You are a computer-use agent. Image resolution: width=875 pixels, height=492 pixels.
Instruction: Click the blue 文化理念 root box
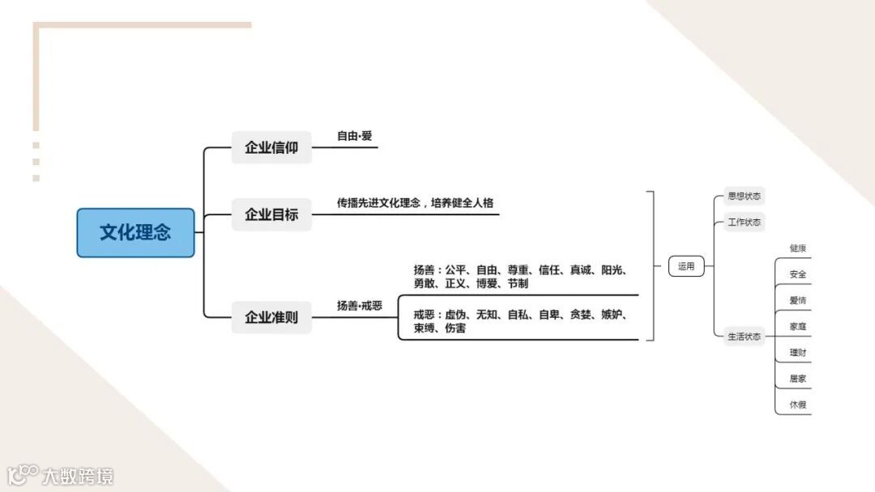point(135,233)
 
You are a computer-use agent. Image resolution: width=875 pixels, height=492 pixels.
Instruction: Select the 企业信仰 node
point(271,148)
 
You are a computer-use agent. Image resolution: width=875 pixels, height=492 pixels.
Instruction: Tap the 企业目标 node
point(271,215)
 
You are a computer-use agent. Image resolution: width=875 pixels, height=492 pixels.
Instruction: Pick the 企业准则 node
point(271,317)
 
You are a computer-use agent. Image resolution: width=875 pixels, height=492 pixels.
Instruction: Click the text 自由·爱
point(355,136)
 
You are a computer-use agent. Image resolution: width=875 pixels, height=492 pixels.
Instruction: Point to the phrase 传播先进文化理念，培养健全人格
point(416,203)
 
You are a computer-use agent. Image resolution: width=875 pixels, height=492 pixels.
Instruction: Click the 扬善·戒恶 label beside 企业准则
point(360,306)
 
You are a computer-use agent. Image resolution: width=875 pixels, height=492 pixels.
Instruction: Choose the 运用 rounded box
point(686,266)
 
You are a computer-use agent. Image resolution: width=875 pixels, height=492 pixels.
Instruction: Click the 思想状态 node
point(744,197)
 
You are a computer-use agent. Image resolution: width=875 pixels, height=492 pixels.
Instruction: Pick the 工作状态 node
point(744,222)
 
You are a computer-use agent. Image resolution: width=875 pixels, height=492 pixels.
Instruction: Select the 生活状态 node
point(744,337)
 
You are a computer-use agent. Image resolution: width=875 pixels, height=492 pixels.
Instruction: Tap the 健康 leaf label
point(798,248)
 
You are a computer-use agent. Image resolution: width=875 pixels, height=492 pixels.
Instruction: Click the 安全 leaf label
point(798,274)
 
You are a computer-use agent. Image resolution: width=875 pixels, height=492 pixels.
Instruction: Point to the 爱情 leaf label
point(798,300)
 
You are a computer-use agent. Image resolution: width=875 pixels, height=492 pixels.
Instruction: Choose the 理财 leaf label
point(798,353)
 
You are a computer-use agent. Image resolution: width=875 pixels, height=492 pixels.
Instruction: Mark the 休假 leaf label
point(798,405)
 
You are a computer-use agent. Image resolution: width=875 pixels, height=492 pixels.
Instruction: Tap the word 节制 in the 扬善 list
point(518,284)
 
